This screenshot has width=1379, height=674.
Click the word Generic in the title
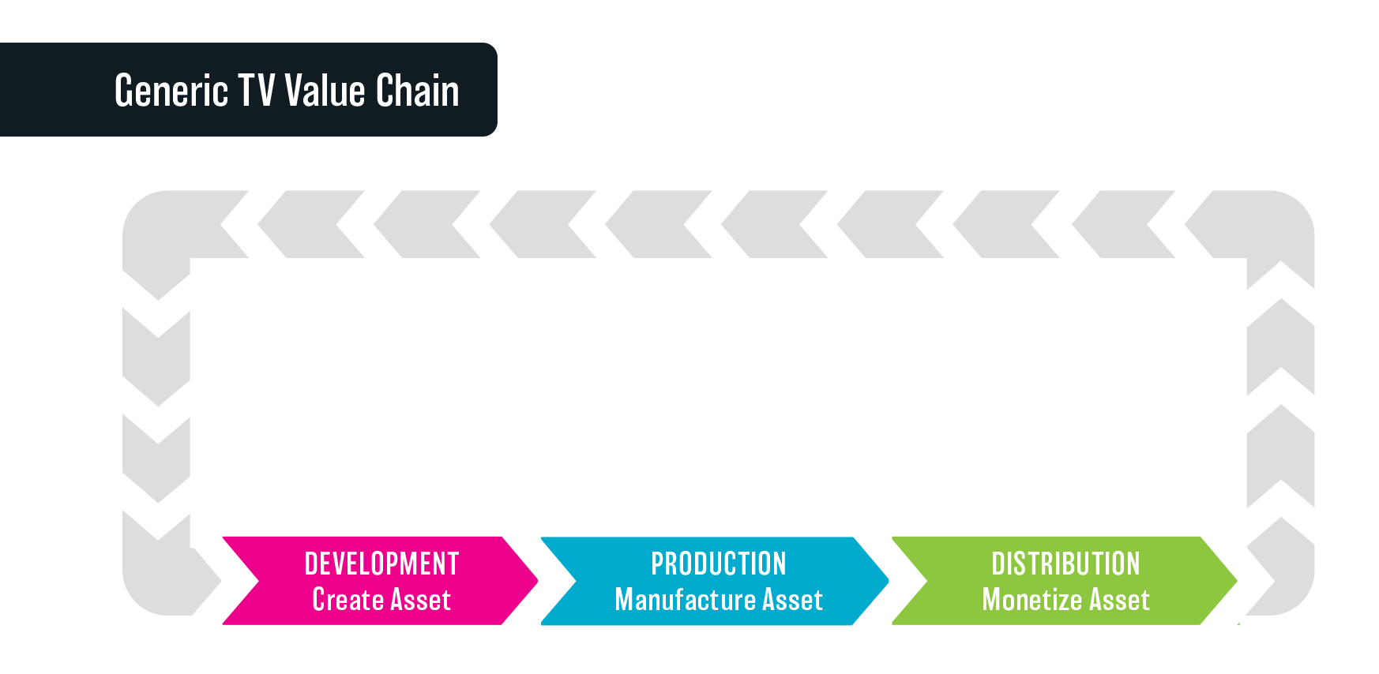(x=171, y=91)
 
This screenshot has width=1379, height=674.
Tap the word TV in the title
(x=257, y=90)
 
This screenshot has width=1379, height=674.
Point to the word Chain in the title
(x=417, y=90)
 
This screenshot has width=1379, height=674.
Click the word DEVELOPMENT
(x=381, y=564)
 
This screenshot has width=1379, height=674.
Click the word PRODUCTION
(x=719, y=564)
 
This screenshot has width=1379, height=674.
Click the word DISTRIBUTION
(x=1065, y=564)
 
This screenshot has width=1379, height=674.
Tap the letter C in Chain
(x=385, y=90)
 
